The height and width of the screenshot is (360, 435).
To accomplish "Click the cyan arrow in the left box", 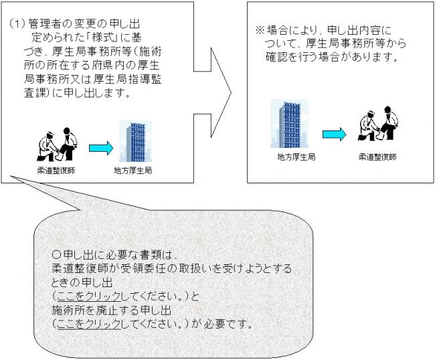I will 100,147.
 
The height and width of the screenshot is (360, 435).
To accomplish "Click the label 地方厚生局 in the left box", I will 134,171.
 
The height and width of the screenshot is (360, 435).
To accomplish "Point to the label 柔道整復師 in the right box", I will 377,157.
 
